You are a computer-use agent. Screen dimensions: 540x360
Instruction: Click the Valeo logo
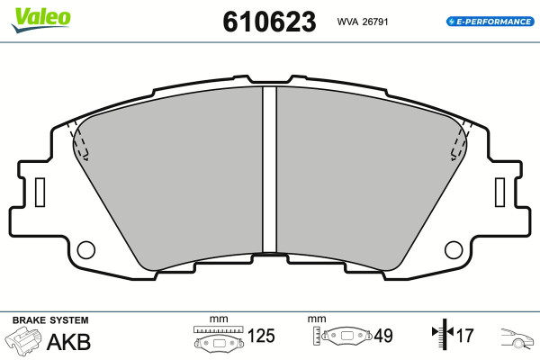pos(40,19)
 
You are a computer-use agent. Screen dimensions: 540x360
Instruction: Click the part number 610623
pos(269,22)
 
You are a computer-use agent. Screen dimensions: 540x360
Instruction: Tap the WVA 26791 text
pos(363,22)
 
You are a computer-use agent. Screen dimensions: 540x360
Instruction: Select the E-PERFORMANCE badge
pos(490,22)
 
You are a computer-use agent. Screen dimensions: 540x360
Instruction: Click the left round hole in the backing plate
pos(86,250)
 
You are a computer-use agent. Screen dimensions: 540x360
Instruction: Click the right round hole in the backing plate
pos(454,250)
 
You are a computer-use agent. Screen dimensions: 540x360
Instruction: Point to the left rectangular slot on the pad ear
pos(40,193)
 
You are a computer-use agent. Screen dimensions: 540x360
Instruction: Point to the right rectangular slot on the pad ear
pos(499,193)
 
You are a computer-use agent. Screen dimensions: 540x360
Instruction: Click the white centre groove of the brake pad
pos(269,170)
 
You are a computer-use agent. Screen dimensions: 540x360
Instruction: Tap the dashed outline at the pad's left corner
pos(78,140)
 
